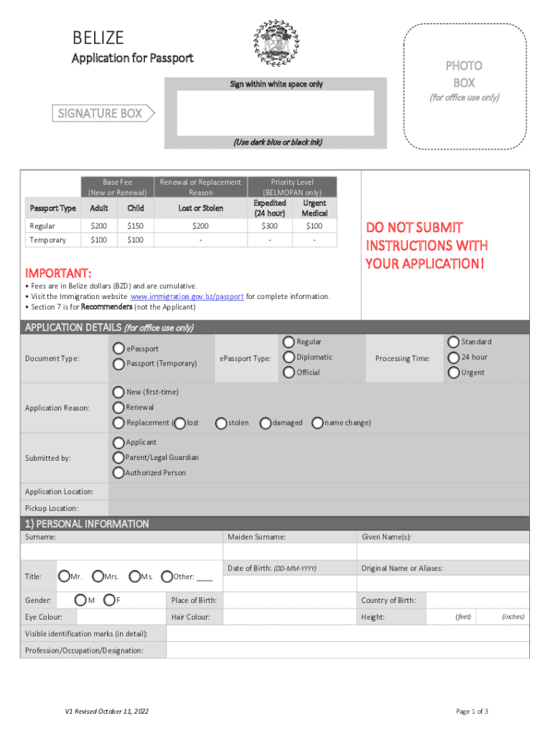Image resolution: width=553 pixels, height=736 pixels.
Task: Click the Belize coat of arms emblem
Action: point(276,43)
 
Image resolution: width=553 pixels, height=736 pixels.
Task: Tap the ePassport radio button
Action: point(119,349)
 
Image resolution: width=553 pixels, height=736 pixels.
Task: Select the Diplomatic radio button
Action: point(289,357)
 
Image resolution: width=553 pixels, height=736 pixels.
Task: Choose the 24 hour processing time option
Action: point(454,357)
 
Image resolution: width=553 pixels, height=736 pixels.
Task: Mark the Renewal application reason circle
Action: point(119,408)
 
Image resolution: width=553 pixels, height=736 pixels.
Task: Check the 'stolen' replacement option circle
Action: point(221,423)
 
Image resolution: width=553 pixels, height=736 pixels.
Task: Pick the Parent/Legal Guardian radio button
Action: point(119,457)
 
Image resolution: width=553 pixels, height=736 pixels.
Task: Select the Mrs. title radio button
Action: point(98,576)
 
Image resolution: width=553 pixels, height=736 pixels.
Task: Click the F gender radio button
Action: point(109,600)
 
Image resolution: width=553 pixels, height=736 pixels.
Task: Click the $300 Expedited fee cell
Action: point(269,226)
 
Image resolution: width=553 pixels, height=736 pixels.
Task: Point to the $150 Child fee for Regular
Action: point(136,226)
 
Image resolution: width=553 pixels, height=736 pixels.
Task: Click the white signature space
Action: point(275,113)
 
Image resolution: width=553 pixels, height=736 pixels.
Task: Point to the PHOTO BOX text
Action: point(463,74)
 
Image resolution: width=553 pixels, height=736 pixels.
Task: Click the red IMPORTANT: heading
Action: point(58,274)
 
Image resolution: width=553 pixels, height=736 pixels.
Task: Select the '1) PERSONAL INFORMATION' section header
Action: point(87,524)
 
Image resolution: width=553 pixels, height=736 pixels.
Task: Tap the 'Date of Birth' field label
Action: point(271,568)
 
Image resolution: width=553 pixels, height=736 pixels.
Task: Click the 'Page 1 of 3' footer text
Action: point(473,712)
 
